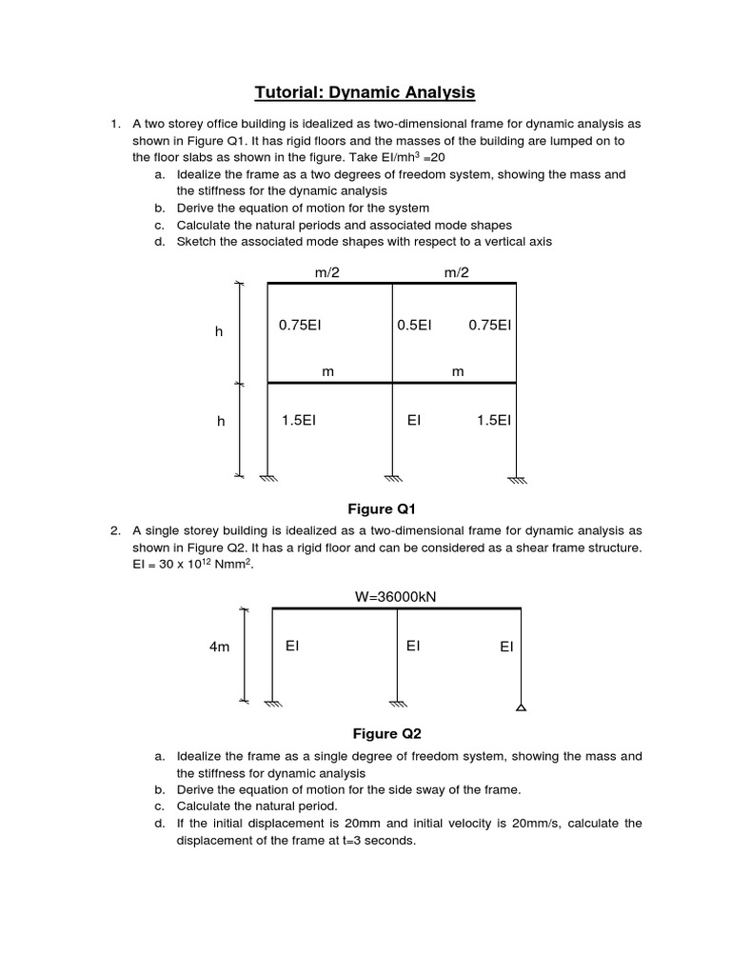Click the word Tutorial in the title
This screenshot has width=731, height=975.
[291, 92]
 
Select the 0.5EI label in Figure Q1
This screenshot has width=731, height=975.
[414, 325]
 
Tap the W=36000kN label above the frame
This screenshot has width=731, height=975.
[396, 597]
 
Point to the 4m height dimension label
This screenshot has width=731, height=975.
[220, 647]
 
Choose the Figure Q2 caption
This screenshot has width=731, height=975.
[386, 733]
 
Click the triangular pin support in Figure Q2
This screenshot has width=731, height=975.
[521, 706]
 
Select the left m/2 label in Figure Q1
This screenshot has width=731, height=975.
[327, 272]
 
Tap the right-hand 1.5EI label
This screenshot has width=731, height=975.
[490, 420]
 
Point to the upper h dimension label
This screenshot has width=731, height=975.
[219, 331]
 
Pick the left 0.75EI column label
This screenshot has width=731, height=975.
[300, 325]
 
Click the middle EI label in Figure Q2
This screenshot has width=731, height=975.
[413, 646]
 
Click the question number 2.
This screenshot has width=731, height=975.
[114, 529]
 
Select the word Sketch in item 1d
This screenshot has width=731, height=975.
[196, 241]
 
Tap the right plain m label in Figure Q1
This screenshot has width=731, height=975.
[458, 371]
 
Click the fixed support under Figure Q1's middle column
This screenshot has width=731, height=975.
[393, 479]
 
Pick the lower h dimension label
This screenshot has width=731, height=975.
[220, 422]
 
